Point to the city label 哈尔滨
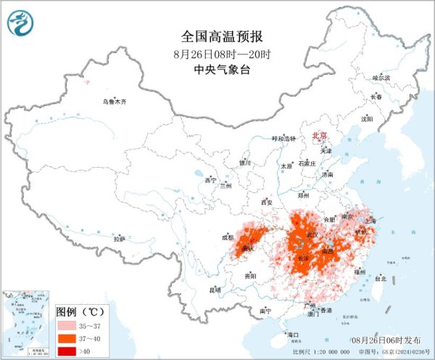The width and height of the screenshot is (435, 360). coord(381,77)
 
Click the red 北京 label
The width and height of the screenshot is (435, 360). coord(319,136)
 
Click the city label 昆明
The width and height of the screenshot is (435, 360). coord(215,290)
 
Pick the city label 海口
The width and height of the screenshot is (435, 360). coord(293,335)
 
